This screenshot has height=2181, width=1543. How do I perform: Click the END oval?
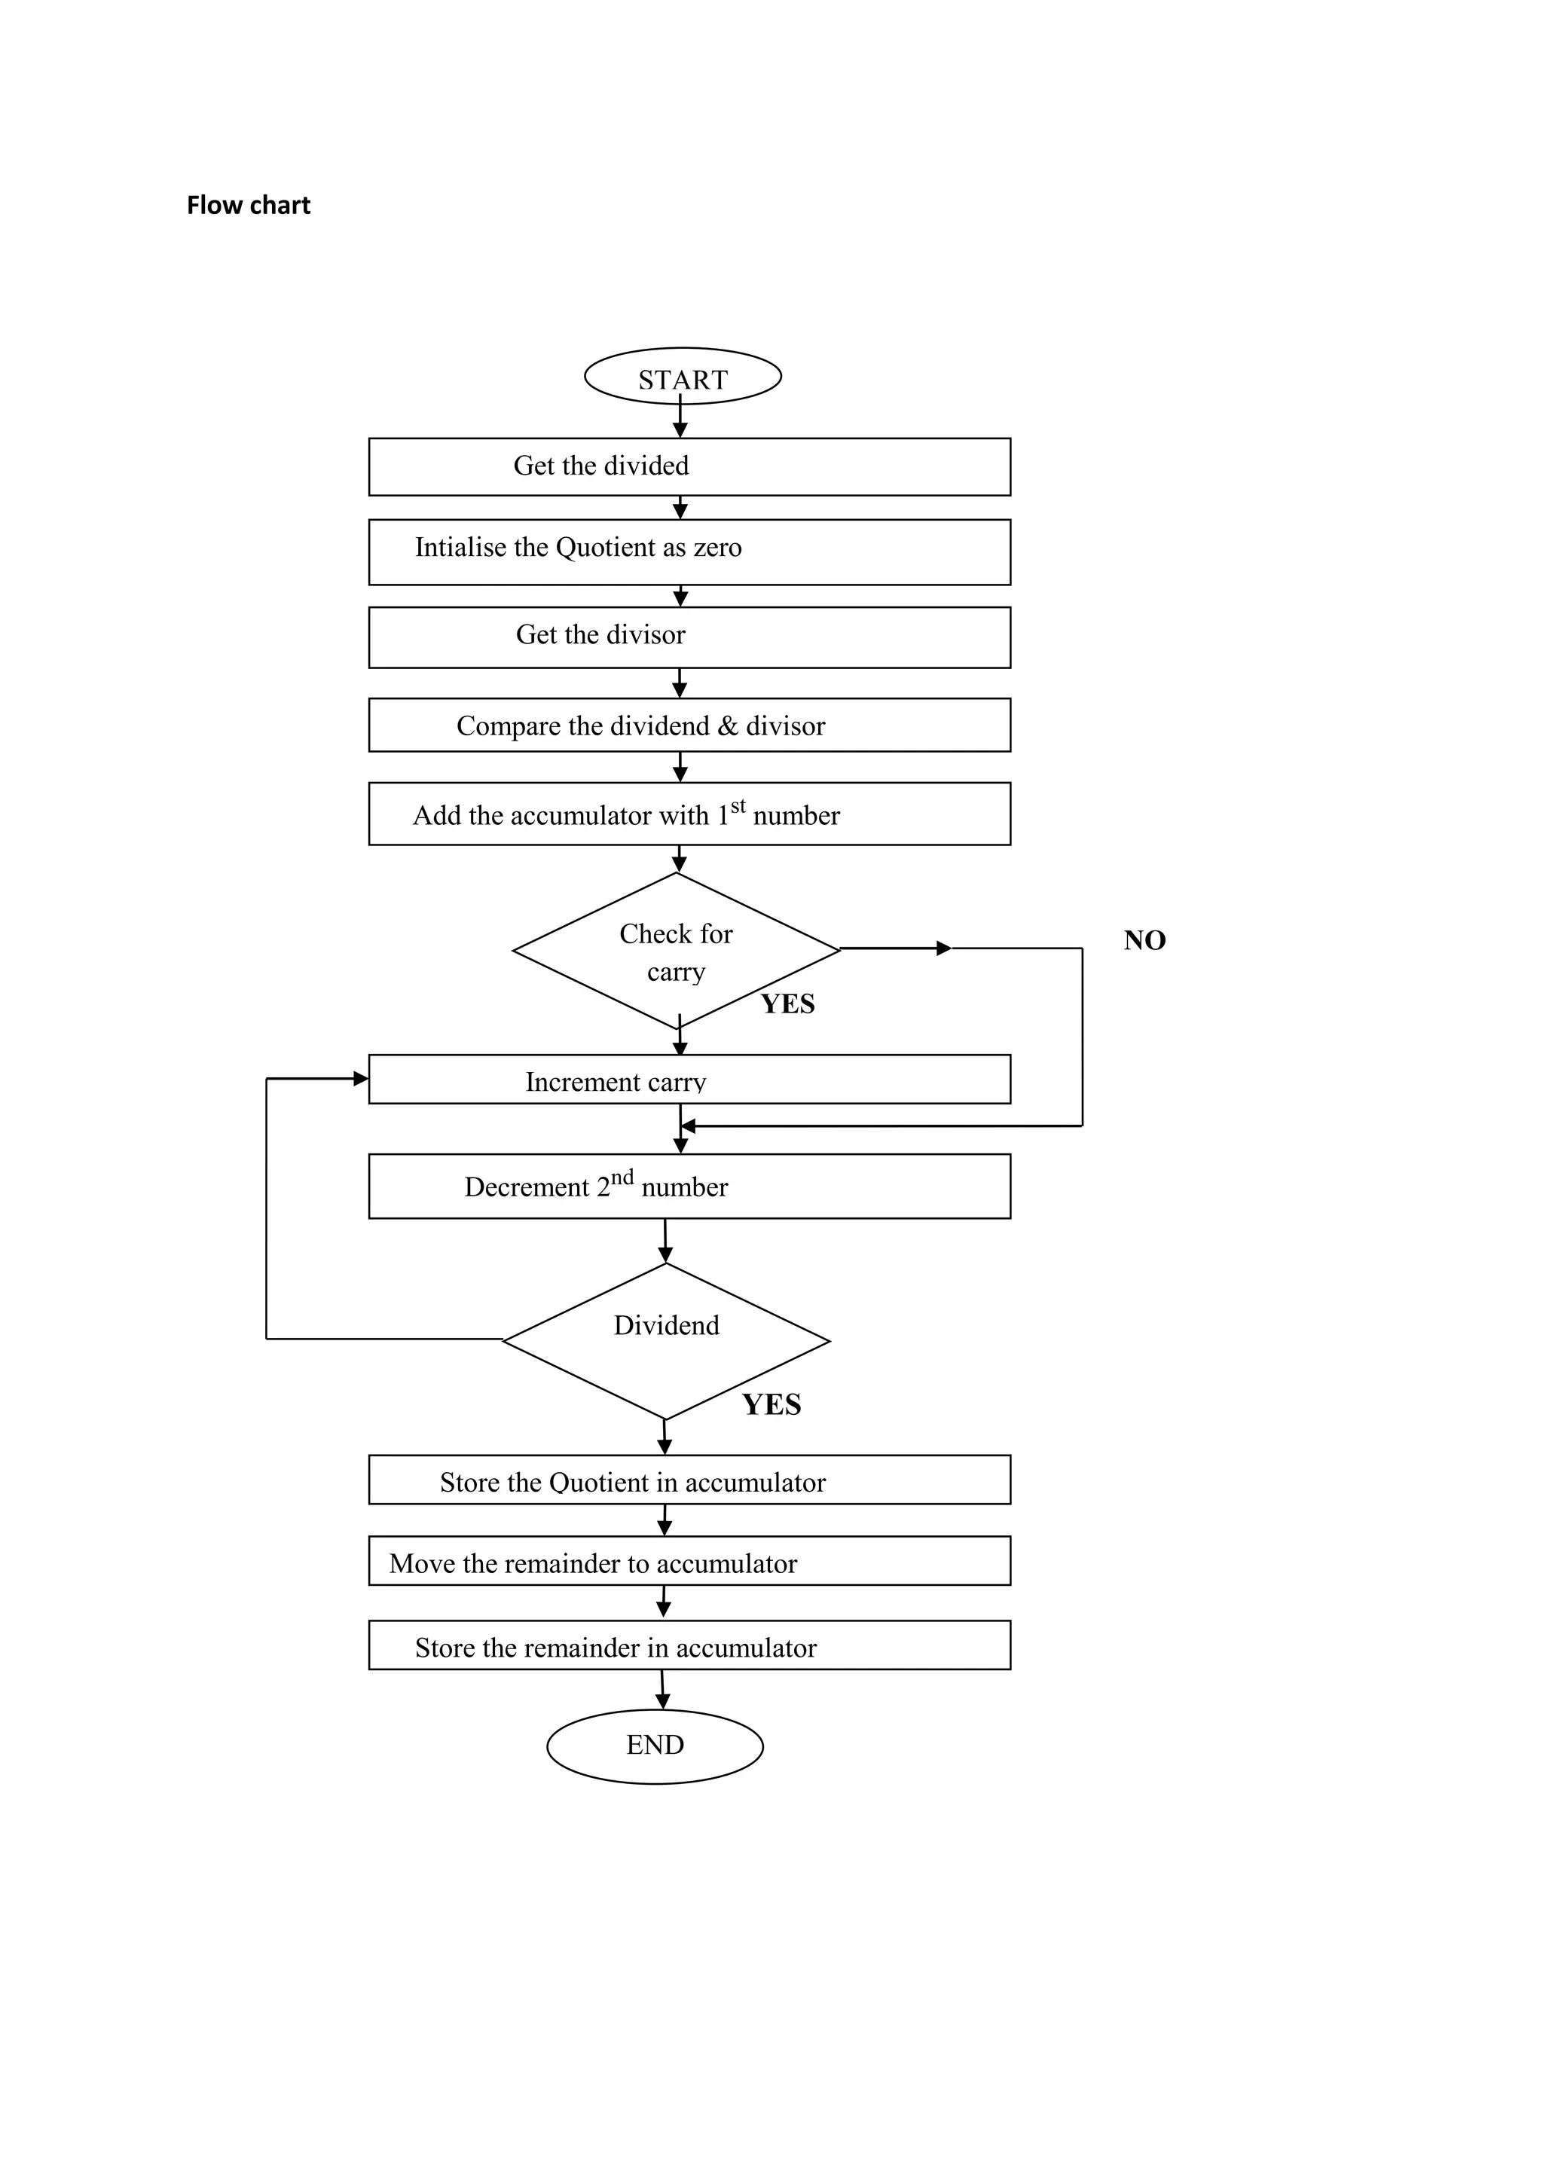point(655,1745)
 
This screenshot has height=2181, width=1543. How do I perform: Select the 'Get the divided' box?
point(689,466)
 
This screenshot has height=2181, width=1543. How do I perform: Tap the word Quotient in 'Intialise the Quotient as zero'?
point(605,548)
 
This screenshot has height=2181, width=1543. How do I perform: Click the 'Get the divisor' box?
point(689,637)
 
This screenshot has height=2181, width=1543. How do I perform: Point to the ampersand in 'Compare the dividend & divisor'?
point(728,727)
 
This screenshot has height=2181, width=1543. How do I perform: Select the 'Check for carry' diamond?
point(676,951)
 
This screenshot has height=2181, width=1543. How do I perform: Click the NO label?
point(1144,940)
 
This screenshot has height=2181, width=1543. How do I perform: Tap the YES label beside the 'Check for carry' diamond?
point(787,1004)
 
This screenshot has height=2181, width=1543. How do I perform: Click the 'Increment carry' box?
point(689,1080)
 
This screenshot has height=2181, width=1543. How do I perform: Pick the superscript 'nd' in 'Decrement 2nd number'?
point(622,1178)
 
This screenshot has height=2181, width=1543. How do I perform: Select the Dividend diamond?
point(666,1340)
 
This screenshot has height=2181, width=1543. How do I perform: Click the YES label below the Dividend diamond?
point(771,1405)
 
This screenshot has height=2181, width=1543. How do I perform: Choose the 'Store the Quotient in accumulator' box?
point(689,1481)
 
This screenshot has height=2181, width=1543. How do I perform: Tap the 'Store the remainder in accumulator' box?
point(689,1647)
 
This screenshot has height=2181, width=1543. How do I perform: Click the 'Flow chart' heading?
point(248,205)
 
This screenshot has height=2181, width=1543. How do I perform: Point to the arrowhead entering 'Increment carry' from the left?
point(361,1078)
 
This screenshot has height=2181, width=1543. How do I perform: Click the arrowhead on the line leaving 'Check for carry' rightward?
point(943,948)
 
